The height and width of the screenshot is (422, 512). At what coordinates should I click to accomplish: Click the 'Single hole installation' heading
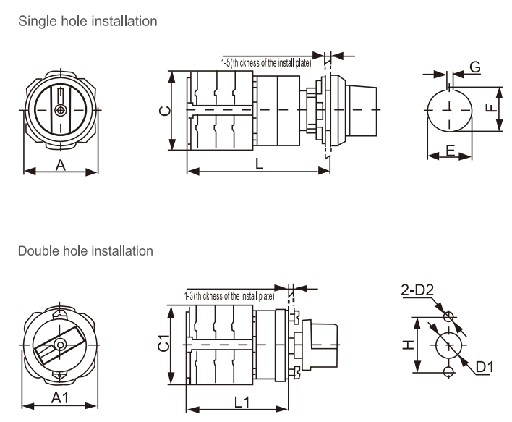[88, 22]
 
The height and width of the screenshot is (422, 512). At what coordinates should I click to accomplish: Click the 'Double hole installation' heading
[85, 251]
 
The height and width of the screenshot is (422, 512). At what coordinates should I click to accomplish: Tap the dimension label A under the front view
[61, 165]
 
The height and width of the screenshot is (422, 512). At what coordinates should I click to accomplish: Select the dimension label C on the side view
[164, 111]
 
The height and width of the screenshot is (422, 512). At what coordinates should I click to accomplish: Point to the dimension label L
[259, 164]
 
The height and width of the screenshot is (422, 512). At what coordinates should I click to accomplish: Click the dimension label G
[475, 67]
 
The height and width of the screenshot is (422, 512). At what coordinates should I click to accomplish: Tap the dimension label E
[450, 151]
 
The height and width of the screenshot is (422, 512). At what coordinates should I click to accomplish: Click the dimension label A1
[61, 397]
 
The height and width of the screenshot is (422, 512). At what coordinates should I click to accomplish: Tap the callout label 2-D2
[417, 291]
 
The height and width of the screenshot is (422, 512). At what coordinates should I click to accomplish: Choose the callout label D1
[485, 367]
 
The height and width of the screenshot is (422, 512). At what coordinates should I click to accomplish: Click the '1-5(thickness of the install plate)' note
[266, 63]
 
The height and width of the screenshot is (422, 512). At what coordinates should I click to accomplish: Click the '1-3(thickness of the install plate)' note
[229, 296]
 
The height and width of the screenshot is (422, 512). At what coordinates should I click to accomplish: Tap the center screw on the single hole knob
[61, 110]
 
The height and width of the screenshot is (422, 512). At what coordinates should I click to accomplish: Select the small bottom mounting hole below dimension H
[449, 371]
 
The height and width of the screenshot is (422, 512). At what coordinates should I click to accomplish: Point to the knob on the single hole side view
[361, 110]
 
